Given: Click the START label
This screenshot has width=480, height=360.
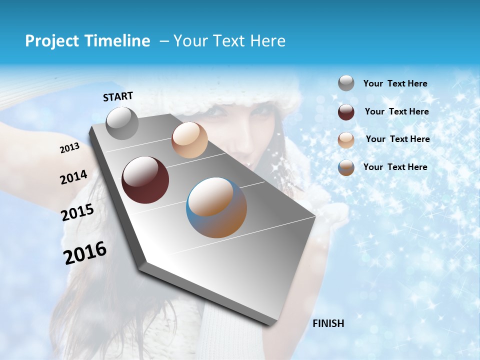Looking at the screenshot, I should (x=118, y=96).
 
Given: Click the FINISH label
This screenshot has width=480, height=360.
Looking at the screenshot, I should (x=328, y=323).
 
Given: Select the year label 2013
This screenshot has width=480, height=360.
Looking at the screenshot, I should (x=70, y=147).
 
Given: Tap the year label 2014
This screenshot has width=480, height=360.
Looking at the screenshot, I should (x=73, y=177).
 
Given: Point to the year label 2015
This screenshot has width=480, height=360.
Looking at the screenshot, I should (x=77, y=212).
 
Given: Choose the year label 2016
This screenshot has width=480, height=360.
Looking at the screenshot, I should (x=85, y=252).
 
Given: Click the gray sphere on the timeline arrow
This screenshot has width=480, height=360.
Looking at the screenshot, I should (x=122, y=123).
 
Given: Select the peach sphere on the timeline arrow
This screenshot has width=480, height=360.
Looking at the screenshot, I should (x=189, y=140).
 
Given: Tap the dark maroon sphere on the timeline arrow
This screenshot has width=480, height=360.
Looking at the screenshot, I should (x=145, y=180).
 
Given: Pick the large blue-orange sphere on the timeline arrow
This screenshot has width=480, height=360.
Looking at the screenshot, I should (x=216, y=207).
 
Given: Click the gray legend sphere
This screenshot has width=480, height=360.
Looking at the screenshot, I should (x=346, y=83).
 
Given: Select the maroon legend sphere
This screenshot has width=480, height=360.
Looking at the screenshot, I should (x=346, y=112).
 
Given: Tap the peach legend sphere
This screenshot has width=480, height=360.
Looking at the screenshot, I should (x=346, y=140).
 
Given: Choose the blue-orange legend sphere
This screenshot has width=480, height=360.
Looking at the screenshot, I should (x=346, y=167).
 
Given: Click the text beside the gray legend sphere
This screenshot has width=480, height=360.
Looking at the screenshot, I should (x=395, y=84).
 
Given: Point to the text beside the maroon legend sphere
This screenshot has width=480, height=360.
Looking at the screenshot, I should (x=396, y=111).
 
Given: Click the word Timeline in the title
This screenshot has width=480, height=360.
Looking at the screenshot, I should (x=118, y=41).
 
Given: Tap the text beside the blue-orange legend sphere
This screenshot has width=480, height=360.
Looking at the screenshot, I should (x=395, y=167).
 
